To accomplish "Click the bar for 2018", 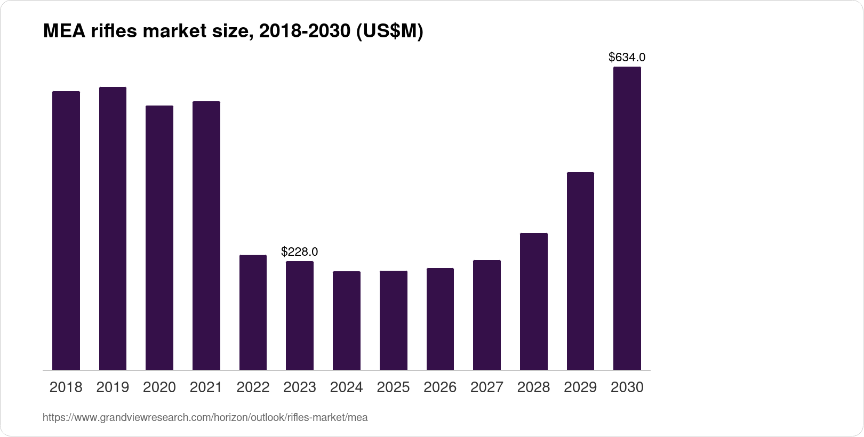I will pos(66,230).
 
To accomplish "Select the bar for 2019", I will pos(113,228).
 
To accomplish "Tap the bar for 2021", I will pos(206,236).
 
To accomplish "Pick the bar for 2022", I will pos(253,312).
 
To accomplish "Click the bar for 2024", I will pos(347,320).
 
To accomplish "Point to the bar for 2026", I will pos(440,319).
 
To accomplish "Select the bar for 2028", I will pos(533,301).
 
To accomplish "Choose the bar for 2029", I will pos(580,271).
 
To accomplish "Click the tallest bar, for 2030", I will pos(627,218).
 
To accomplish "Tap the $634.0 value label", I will pos(627,57).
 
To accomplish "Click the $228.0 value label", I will pos(300,252).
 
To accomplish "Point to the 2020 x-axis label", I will pos(159,387).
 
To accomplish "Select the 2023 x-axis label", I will pos(300,387).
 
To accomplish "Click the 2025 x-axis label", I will pos(393,387).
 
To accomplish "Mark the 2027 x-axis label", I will pos(487,387).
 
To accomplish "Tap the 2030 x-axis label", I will pos(627,387).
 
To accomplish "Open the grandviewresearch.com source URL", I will pos(205,418).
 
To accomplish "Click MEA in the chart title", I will pos(60,32).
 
